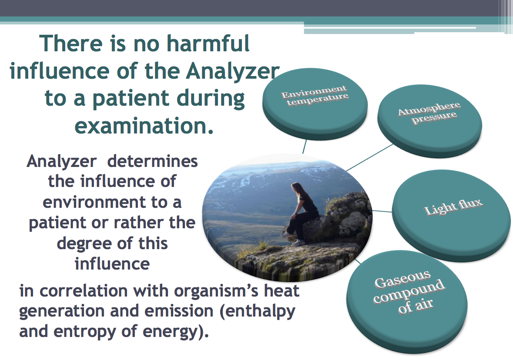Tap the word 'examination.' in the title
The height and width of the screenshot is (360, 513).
click(x=144, y=126)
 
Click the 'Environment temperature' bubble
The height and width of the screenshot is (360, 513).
click(x=315, y=103)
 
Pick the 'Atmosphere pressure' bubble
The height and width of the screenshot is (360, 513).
click(x=429, y=121)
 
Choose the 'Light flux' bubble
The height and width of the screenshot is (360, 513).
click(x=452, y=216)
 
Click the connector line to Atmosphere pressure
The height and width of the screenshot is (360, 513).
click(x=370, y=157)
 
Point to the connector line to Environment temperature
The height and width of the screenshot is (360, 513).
click(x=305, y=147)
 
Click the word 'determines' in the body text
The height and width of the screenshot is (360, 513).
click(x=152, y=161)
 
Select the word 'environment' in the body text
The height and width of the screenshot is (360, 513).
click(x=94, y=202)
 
